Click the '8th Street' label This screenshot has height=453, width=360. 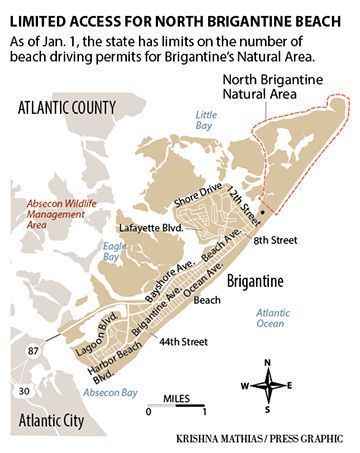point(275,241)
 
